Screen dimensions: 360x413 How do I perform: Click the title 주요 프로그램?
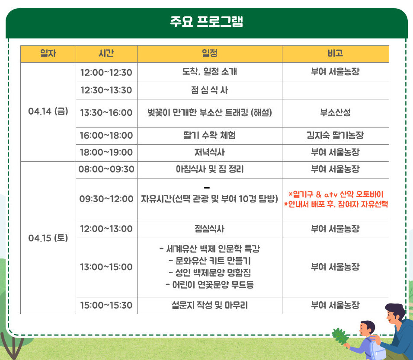pyautogui.click(x=206, y=22)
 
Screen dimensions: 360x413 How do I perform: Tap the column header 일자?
pyautogui.click(x=48, y=54)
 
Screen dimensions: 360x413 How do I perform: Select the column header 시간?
pyautogui.click(x=106, y=54)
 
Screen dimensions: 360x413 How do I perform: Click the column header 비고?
pyautogui.click(x=335, y=54)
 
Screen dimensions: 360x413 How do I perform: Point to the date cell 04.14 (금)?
pyautogui.click(x=48, y=112)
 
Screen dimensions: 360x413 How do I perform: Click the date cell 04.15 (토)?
pyautogui.click(x=48, y=237)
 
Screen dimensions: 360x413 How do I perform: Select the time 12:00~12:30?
pyautogui.click(x=106, y=72)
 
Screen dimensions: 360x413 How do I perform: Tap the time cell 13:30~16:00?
pyautogui.click(x=106, y=113)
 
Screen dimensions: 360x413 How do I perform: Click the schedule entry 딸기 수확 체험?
pyautogui.click(x=210, y=136)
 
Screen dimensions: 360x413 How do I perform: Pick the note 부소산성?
pyautogui.click(x=335, y=113)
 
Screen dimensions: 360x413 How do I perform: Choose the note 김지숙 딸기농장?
pyautogui.click(x=335, y=136)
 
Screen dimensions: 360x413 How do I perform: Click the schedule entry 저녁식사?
pyautogui.click(x=210, y=153)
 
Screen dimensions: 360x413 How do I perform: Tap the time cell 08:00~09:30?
pyautogui.click(x=106, y=169)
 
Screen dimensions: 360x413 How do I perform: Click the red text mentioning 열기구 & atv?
pyautogui.click(x=336, y=194)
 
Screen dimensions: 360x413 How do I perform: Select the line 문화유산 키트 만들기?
pyautogui.click(x=210, y=261)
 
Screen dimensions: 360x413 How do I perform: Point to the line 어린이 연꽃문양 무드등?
pyautogui.click(x=210, y=284)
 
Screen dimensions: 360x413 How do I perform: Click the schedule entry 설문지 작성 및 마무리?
pyautogui.click(x=210, y=305)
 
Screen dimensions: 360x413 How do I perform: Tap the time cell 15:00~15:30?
pyautogui.click(x=106, y=305)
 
